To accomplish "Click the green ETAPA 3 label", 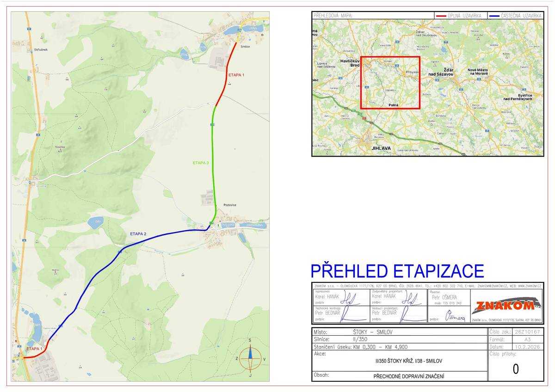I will (x=201, y=163).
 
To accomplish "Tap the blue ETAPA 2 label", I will (x=138, y=234).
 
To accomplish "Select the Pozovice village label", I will (x=229, y=204).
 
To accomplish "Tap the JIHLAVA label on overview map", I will (x=381, y=148).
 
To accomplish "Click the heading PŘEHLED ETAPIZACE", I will (x=397, y=271).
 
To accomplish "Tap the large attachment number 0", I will (x=516, y=369).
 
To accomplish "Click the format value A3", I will (x=528, y=339).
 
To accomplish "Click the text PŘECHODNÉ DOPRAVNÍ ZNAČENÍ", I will (x=409, y=376).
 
